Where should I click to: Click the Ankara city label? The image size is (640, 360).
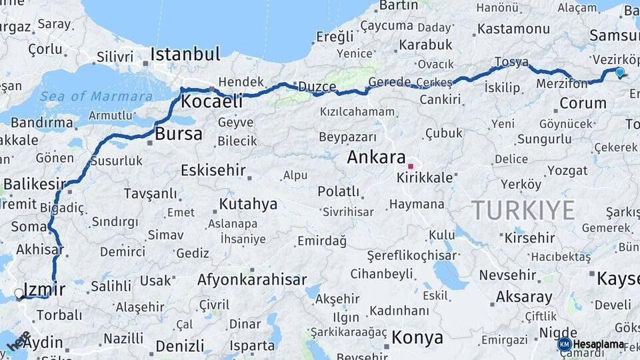coord(376,158)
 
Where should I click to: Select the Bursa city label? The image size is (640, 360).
coord(178,133)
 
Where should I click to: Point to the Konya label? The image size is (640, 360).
coord(417,337)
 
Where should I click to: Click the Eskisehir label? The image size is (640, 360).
coord(213,170)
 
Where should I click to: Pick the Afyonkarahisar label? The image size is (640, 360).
coord(252,280)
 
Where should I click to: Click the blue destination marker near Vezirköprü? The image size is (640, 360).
coord(620,72)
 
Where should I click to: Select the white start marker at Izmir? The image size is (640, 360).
coord(19,293)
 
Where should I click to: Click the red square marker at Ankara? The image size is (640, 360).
coord(411,166)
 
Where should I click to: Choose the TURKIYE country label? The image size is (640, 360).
coord(523,211)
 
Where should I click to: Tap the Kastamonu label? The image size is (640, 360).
coord(513,29)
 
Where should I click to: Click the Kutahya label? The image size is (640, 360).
coord(248,204)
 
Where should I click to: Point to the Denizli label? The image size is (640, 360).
coord(179,346)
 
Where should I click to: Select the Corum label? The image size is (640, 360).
coord(583,103)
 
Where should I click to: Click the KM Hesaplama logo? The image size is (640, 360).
coord(592,344)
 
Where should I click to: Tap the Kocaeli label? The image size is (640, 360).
coord(212,102)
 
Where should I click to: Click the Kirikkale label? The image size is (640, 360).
coord(425,178)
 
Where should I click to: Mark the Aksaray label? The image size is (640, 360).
coord(524,297)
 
